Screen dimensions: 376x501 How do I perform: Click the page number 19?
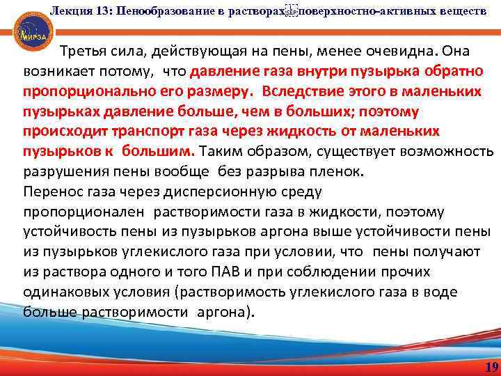pos(491,366)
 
